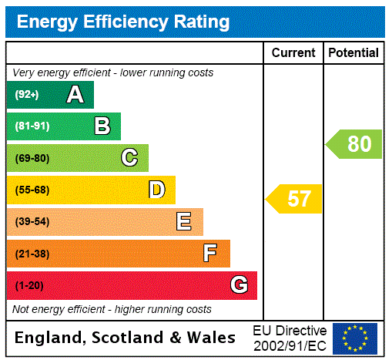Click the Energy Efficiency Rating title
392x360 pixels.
tap(123, 22)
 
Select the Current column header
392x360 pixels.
tap(293, 53)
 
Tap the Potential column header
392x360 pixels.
tap(353, 53)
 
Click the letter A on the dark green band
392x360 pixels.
tap(75, 95)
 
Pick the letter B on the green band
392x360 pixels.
tap(102, 126)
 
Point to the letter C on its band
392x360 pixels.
tap(129, 158)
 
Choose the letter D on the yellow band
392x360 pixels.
tap(156, 190)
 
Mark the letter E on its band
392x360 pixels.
tap(184, 222)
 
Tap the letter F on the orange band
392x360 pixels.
tap(210, 254)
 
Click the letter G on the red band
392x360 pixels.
tap(239, 285)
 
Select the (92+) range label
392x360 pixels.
tap(27, 95)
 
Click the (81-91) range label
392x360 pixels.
tap(32, 126)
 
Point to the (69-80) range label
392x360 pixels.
tap(32, 159)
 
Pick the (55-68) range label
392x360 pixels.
tap(32, 190)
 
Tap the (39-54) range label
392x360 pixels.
tap(32, 222)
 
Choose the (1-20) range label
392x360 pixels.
tap(29, 286)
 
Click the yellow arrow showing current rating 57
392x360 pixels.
tap(295, 199)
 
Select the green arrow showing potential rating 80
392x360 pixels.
tap(355, 144)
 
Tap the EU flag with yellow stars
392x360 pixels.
tap(355, 338)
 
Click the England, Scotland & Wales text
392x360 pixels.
tap(126, 338)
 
